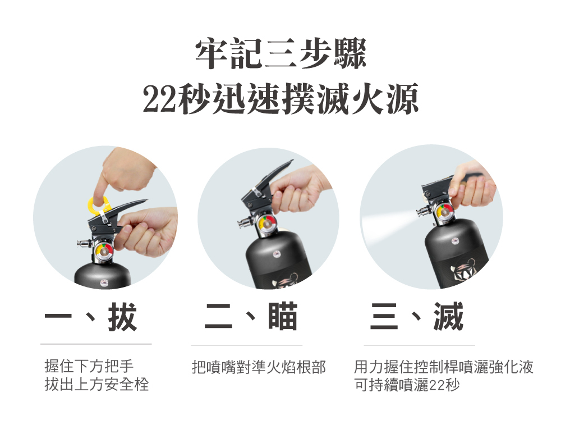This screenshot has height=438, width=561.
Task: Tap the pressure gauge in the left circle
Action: click(x=104, y=250)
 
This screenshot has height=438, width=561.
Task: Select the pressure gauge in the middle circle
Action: click(x=267, y=223)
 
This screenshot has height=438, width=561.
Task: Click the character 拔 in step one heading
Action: click(x=122, y=317)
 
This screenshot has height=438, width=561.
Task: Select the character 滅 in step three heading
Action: click(x=448, y=317)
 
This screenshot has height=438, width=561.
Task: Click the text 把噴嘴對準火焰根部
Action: click(x=259, y=368)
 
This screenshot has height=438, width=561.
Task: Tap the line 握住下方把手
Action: click(x=89, y=367)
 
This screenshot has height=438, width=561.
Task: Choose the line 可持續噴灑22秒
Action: click(x=407, y=386)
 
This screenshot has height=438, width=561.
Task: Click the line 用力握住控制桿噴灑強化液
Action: click(x=443, y=368)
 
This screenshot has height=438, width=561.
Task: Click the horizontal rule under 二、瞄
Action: click(x=246, y=344)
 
